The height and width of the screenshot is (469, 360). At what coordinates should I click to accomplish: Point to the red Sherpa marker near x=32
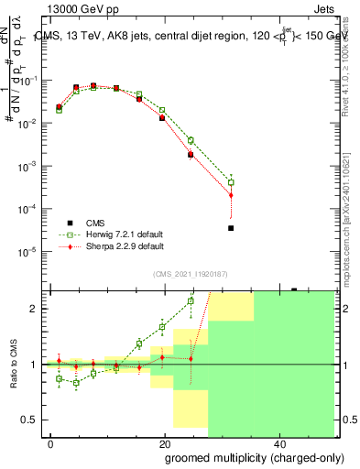(x=231, y=195)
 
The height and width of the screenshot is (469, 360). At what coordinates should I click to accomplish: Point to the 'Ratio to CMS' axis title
(x=14, y=364)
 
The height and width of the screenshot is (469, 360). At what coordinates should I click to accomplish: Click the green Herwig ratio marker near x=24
(x=191, y=300)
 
